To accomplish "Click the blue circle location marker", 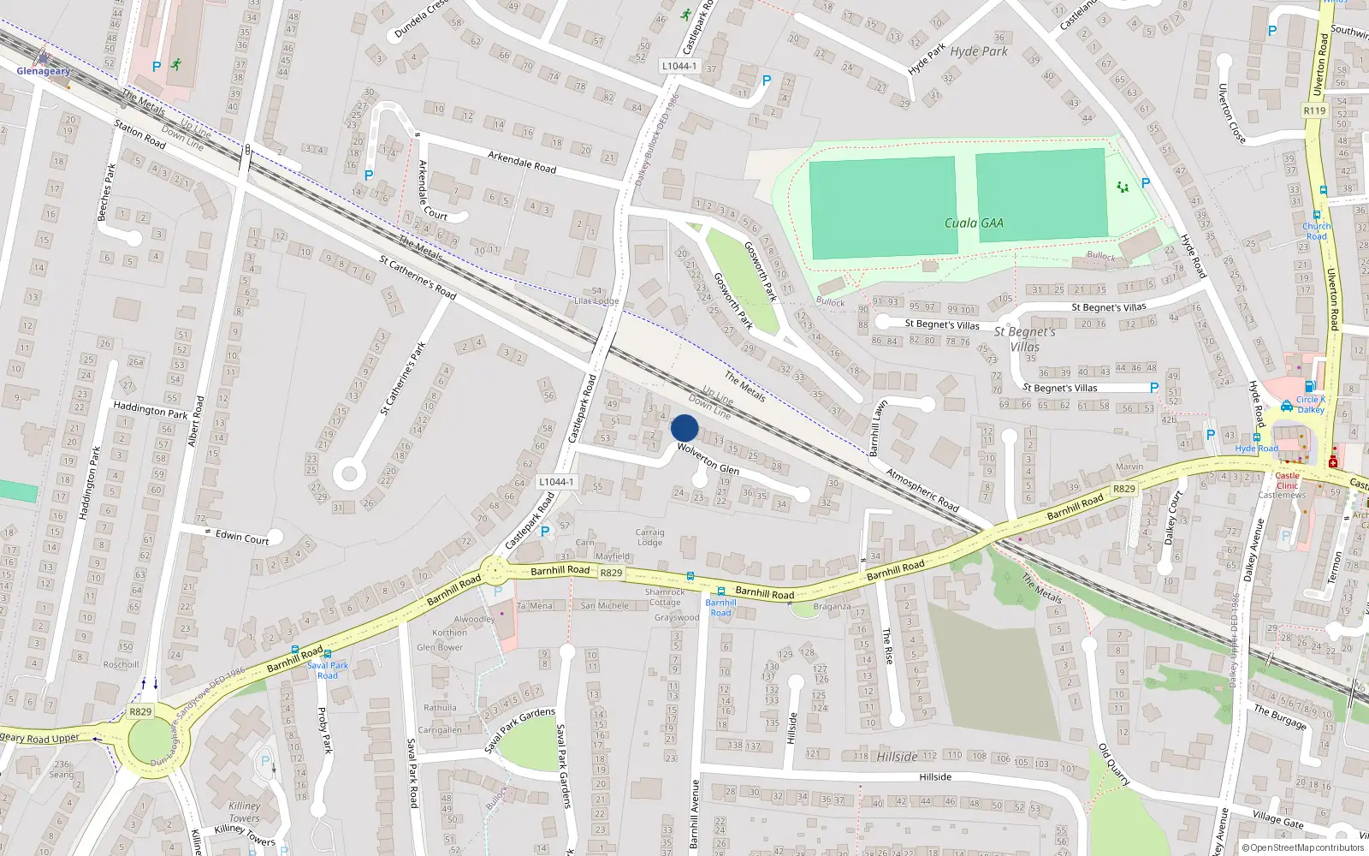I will coord(684,428).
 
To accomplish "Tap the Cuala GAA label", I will coord(974,223).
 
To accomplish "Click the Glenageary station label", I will coord(44,71).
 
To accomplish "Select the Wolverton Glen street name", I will coord(708,459).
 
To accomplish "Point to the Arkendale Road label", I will coord(522,162).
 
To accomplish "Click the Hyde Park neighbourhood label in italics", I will coord(979,51).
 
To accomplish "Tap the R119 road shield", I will coord(1314,110).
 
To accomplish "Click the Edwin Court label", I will coord(242,537).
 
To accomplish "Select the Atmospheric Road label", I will coord(922,490).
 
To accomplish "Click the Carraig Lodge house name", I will coord(649,537).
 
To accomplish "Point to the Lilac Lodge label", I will coord(596,300).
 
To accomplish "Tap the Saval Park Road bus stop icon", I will coord(328,654).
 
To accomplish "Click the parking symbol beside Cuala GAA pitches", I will coord(1146,183).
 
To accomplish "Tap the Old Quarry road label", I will coord(1114,764).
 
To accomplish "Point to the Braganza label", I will coord(832,606).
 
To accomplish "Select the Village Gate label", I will coord(1278,819).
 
